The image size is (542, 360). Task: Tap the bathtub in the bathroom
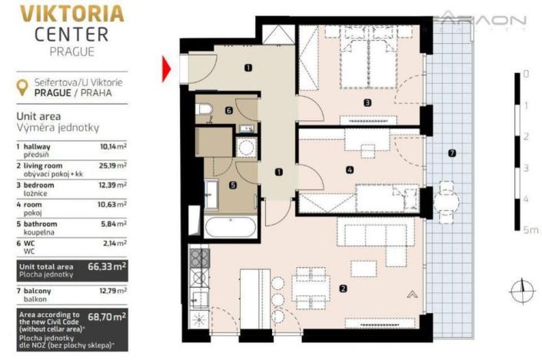click(x=229, y=228)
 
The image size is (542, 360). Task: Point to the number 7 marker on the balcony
click(x=452, y=153)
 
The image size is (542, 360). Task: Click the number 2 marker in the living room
click(x=343, y=288)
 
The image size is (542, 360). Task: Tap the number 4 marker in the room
click(x=350, y=170)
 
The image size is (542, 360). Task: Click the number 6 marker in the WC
click(x=228, y=111)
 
